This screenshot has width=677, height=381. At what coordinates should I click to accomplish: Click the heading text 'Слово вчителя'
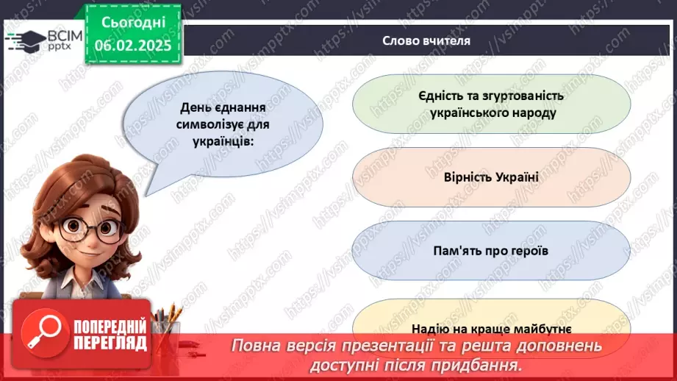(x=426, y=40)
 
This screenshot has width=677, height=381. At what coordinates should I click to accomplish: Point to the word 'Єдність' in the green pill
(x=440, y=95)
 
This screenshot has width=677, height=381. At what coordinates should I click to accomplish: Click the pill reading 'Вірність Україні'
(x=492, y=177)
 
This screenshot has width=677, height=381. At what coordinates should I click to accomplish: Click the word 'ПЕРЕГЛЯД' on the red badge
(x=111, y=343)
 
